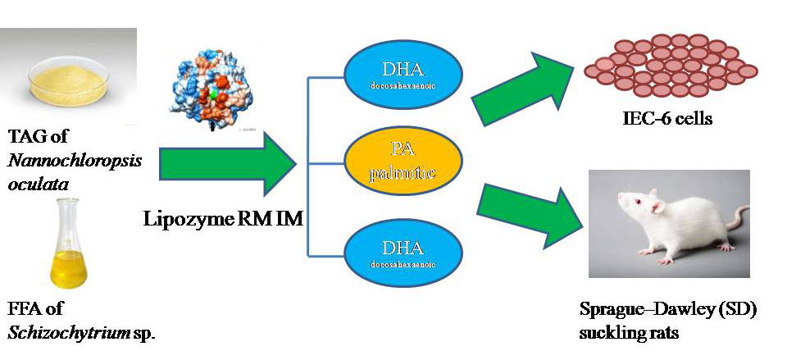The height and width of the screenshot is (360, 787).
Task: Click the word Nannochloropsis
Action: [75, 159]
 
